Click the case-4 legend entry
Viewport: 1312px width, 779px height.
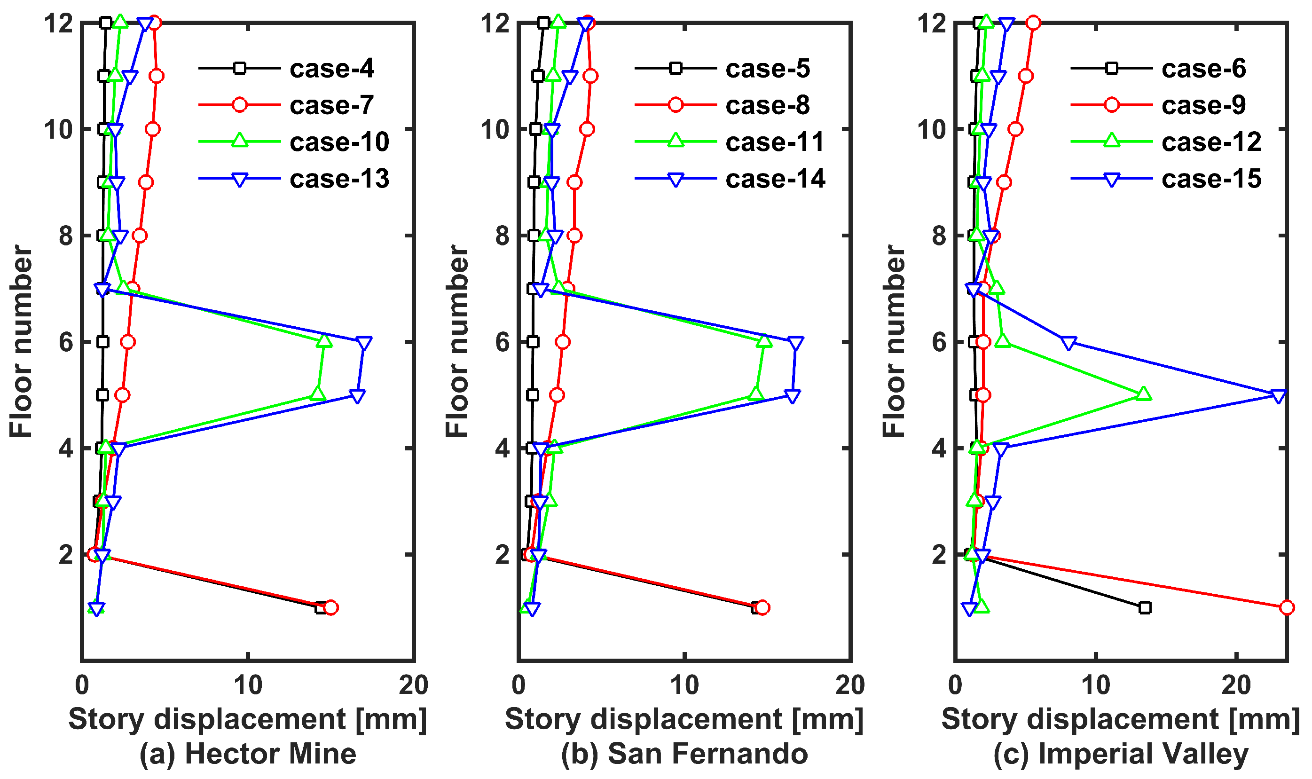pos(332,69)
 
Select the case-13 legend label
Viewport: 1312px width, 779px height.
pos(339,179)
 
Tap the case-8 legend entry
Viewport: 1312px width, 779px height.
pos(767,105)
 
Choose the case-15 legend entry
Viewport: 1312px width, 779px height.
pos(1211,179)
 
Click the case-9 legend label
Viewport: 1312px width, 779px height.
pos(1203,105)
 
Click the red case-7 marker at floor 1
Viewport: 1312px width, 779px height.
pos(330,608)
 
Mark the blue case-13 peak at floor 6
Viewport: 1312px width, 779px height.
pos(364,343)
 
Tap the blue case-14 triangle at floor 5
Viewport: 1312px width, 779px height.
pos(793,396)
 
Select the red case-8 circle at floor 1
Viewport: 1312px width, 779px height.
pos(762,608)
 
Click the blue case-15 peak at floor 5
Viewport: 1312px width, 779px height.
pos(1279,396)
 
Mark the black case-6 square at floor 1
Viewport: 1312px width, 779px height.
pos(1145,608)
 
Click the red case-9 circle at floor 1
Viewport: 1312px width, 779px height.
pos(1287,608)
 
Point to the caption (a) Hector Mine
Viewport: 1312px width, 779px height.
pos(248,754)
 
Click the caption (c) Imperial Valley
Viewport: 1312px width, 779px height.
pos(1121,754)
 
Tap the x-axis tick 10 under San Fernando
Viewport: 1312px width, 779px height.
pos(684,685)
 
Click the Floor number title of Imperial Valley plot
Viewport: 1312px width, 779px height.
pos(894,341)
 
